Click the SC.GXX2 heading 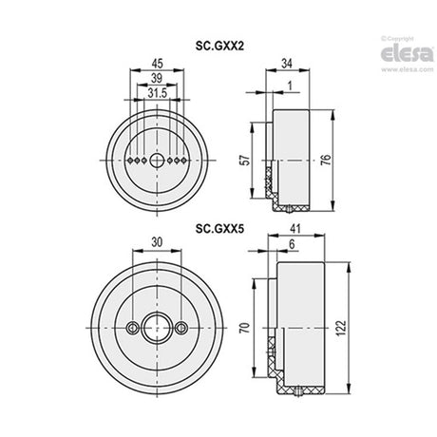click(219, 47)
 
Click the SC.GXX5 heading click(219, 228)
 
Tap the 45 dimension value click(157, 64)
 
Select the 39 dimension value click(157, 78)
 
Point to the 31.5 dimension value click(157, 93)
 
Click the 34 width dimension click(287, 64)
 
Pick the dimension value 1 click(290, 85)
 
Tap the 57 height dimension click(246, 159)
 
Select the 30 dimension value click(157, 242)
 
